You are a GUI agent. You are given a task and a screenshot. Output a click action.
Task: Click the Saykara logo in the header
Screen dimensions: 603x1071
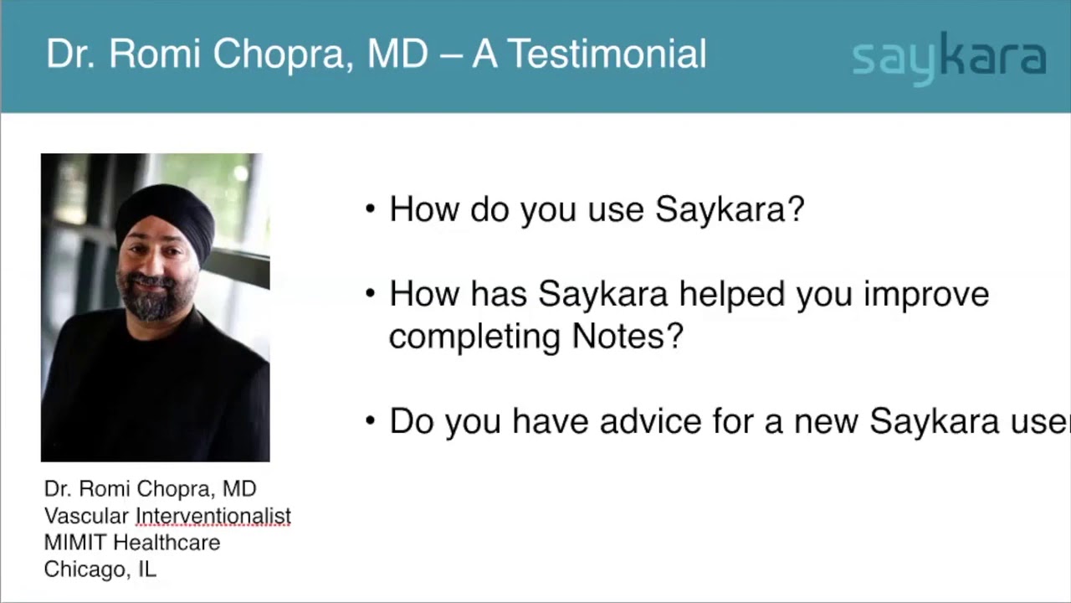click(949, 58)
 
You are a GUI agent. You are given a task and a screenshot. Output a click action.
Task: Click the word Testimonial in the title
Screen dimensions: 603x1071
click(607, 54)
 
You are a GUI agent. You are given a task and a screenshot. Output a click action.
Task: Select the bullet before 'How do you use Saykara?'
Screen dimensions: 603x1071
click(371, 209)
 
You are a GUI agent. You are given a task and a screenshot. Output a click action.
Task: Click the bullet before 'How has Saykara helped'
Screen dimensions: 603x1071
click(371, 294)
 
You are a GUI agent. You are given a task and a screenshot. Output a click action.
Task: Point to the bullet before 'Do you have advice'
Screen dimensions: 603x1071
click(371, 420)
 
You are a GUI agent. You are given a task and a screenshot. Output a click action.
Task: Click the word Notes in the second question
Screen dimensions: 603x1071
click(628, 337)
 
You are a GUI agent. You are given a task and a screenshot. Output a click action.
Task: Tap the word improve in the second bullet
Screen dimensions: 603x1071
click(926, 295)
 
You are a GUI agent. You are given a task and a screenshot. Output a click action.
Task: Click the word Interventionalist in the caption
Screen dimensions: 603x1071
click(213, 516)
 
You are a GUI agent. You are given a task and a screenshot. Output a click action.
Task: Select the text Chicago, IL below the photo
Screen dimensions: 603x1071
click(100, 569)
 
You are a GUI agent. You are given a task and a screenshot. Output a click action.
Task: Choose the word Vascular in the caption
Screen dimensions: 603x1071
click(86, 516)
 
